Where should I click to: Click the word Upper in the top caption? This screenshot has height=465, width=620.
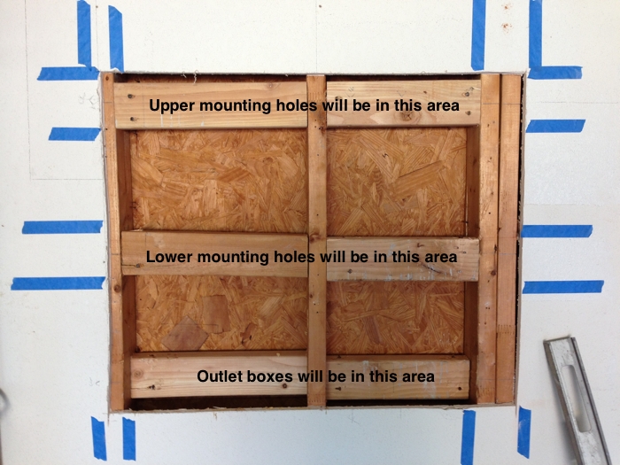click(172, 106)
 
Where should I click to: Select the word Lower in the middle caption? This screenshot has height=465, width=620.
click(169, 257)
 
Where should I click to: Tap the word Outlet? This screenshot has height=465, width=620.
click(220, 376)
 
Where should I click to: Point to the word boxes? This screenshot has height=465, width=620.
click(270, 376)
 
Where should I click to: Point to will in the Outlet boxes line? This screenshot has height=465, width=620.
click(310, 376)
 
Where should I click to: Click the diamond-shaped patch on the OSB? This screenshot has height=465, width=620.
click(184, 334)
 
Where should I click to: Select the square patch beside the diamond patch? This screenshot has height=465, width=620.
click(215, 314)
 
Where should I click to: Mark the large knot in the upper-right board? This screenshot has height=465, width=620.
click(406, 116)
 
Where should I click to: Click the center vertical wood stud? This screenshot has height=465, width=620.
click(317, 240)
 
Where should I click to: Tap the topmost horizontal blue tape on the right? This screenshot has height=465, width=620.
click(554, 73)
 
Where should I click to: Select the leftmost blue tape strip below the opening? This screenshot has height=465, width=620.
click(99, 438)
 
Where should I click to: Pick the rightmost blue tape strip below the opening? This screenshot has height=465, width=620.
click(524, 432)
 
